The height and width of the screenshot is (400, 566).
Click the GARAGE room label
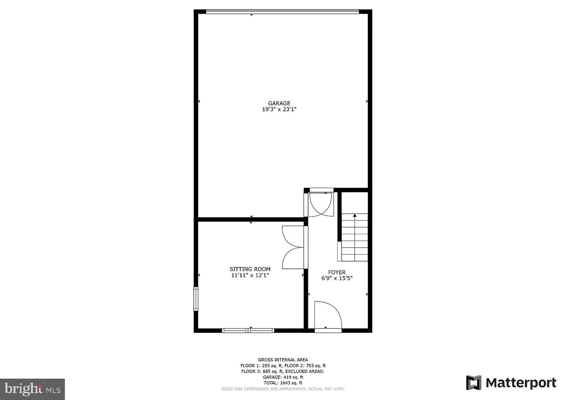click(x=279, y=103)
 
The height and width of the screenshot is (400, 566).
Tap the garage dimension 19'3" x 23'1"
click(x=279, y=109)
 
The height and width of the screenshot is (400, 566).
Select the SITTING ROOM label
click(x=250, y=269)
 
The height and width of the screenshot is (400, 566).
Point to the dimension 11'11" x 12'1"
click(x=250, y=275)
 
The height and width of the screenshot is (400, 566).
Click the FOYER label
click(x=337, y=273)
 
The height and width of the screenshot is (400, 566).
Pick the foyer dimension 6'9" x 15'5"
click(x=337, y=278)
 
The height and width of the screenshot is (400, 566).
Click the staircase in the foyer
click(x=354, y=238)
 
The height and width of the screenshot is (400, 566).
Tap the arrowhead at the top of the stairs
click(x=355, y=215)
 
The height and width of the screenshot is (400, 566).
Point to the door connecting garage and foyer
click(x=321, y=204)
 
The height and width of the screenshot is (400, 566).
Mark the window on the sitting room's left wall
click(x=196, y=299)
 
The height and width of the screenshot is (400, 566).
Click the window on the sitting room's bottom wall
click(x=248, y=330)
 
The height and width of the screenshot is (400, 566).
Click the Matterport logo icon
click(x=474, y=383)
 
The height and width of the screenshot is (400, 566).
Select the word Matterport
click(x=521, y=383)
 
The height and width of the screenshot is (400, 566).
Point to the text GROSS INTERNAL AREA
click(x=283, y=360)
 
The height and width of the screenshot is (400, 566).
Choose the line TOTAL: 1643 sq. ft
click(x=283, y=383)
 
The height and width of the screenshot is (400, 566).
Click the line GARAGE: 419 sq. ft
click(x=283, y=377)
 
